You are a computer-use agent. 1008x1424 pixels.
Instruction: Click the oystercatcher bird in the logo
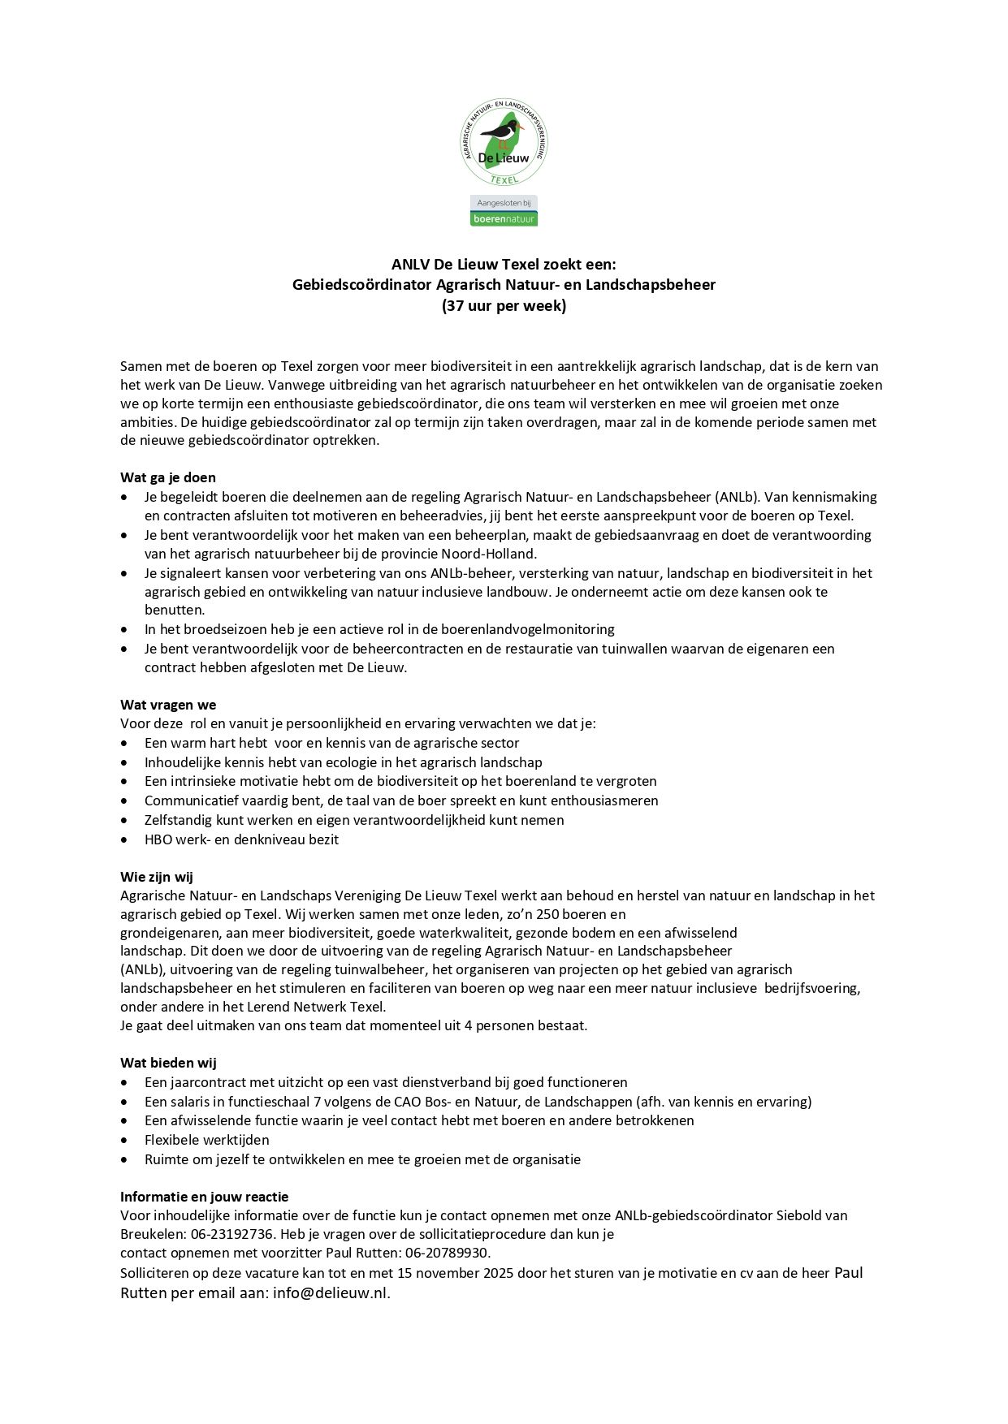(x=502, y=132)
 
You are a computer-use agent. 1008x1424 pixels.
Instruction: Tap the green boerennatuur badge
(x=504, y=218)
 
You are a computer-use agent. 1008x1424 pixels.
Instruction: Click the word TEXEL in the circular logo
(x=504, y=179)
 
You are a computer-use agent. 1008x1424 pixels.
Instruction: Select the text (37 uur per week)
(x=504, y=306)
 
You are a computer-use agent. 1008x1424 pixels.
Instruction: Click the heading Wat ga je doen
(x=168, y=477)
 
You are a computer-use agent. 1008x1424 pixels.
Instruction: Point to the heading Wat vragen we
(x=168, y=705)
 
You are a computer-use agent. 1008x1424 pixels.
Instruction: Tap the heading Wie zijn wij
(x=157, y=877)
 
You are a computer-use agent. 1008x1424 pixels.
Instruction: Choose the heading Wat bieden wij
(x=168, y=1063)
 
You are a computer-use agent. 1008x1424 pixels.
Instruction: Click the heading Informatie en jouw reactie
(x=204, y=1197)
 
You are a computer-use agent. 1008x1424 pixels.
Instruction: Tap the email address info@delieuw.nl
(x=331, y=1293)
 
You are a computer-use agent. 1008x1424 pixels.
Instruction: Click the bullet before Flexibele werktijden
(x=124, y=1141)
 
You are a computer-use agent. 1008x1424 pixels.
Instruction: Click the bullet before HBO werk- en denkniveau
(x=124, y=840)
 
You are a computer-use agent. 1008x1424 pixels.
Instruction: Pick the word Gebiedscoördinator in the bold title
(x=362, y=285)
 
